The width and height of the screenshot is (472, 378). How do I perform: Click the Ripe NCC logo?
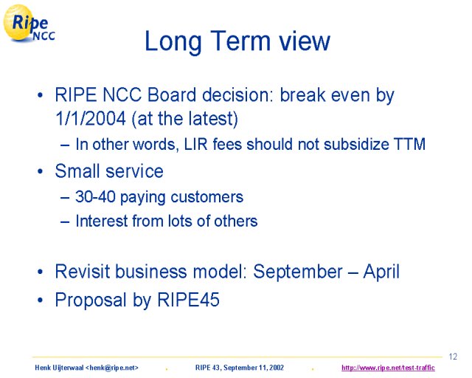[29, 24]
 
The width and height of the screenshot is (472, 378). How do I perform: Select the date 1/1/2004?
[91, 118]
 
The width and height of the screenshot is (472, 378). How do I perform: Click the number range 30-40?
[95, 196]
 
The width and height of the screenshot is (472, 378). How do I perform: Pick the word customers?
[206, 197]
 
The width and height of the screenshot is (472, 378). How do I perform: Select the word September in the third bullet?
[298, 271]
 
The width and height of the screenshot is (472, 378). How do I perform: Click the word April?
[381, 272]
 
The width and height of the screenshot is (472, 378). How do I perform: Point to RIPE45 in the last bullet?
[189, 300]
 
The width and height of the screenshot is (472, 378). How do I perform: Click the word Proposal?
[90, 300]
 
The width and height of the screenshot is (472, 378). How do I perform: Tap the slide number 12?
[453, 357]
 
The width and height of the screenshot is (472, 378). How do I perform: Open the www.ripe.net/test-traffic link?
[388, 368]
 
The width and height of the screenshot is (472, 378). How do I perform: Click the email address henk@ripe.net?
[112, 368]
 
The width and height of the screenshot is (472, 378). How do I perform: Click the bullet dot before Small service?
[41, 171]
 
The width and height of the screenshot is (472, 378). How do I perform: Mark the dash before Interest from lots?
[65, 222]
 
